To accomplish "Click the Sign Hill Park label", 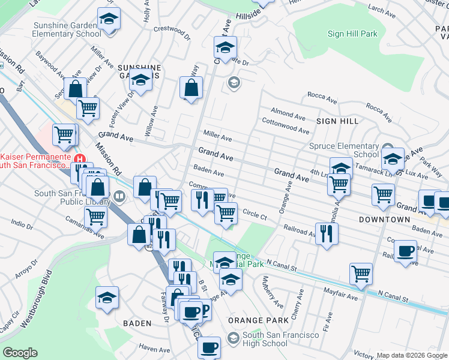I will click(352, 34).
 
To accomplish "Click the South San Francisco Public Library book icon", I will click(119, 196).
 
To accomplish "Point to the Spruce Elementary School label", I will click(344, 150).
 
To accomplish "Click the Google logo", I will click(20, 353).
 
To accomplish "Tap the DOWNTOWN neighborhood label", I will click(384, 220).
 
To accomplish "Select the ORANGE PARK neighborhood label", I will click(250, 320).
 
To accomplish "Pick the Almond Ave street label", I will click(288, 113).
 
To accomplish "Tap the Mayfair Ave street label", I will click(343, 296).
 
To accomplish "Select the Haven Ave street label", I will click(155, 348).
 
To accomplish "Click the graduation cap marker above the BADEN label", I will click(107, 297).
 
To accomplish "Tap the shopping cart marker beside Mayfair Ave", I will click(361, 273).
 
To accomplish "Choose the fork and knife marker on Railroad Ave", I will click(326, 233).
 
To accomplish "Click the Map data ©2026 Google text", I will click(412, 355).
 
